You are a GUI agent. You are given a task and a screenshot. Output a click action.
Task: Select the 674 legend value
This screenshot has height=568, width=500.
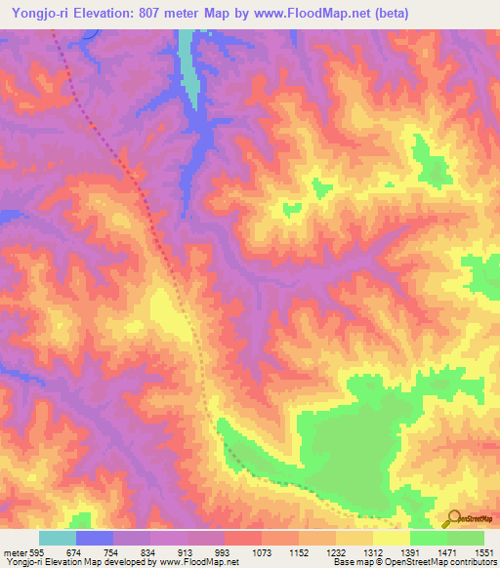(75, 552)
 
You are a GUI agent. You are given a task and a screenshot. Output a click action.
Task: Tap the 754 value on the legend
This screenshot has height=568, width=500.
(112, 552)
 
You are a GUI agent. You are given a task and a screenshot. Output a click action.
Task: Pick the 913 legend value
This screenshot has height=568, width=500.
(187, 552)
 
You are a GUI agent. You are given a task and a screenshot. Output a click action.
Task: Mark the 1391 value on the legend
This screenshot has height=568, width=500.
(411, 552)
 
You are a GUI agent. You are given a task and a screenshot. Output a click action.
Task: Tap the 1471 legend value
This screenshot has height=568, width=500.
(448, 552)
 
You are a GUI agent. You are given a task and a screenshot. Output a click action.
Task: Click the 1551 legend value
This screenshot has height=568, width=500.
(484, 552)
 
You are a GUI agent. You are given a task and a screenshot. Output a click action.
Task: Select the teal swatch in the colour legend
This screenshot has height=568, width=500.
(57, 538)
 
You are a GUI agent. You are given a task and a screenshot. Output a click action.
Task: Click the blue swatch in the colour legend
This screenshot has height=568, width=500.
(94, 538)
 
